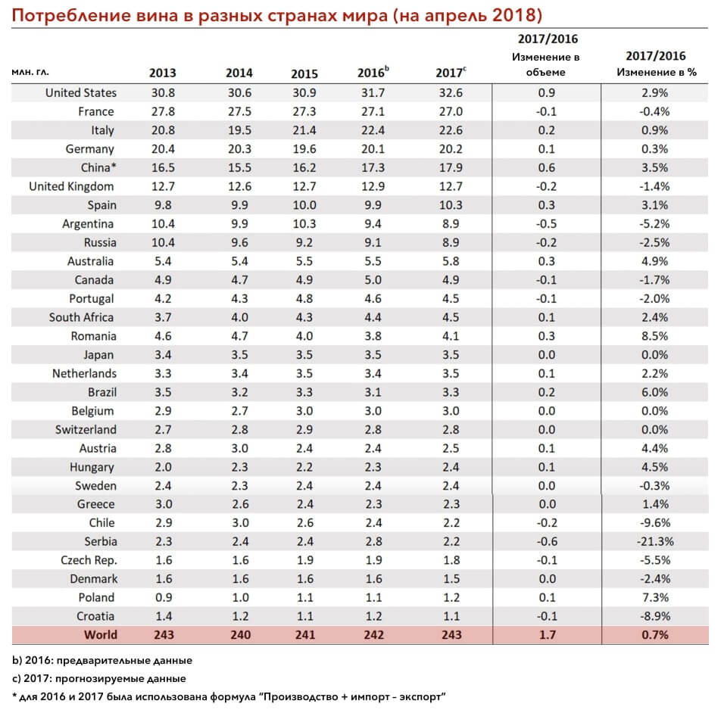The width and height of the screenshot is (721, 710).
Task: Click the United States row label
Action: (81, 93)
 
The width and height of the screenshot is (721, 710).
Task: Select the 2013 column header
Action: (163, 73)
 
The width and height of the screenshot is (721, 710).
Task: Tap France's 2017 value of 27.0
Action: (451, 112)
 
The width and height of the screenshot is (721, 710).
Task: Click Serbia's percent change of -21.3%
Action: (655, 541)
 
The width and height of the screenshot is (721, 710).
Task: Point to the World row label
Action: (101, 634)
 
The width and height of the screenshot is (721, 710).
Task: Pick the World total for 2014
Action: (240, 634)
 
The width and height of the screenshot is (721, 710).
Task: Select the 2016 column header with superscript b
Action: (373, 72)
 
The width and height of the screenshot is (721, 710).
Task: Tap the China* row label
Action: (98, 168)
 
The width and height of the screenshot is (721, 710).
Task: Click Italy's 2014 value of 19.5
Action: (239, 130)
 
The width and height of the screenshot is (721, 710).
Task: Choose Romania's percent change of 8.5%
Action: (655, 336)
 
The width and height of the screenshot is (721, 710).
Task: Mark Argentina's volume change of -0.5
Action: (546, 224)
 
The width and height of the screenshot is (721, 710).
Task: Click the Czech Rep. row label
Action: (89, 560)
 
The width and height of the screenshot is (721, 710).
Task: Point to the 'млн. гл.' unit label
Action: (30, 72)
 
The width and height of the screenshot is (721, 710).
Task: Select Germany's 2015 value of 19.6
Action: (304, 149)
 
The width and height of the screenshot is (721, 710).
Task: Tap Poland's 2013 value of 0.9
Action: (164, 597)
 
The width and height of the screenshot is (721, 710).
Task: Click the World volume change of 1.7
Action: (547, 634)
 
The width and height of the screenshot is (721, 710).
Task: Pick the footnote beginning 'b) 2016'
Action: (102, 660)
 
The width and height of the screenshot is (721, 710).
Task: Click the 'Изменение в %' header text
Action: (656, 72)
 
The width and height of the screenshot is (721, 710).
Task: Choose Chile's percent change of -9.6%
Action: (655, 522)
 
